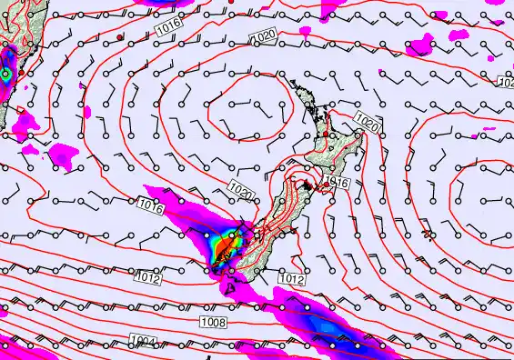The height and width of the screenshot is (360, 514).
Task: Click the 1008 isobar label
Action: coord(214,321)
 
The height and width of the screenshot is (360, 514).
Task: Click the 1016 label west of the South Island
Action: coord(152,208)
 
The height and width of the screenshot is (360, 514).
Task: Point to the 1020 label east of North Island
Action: coord(367,122)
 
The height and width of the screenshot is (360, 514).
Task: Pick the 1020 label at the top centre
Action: coord(263,36)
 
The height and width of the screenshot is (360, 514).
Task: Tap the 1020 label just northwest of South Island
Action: coord(241,191)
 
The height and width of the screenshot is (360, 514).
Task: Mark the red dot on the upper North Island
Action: coord(326,135)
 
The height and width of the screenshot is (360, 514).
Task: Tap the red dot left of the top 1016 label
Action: coord(121,36)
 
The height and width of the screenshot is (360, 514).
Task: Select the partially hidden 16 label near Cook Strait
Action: coord(340,183)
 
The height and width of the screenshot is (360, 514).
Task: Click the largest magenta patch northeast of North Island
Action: coord(421,44)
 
